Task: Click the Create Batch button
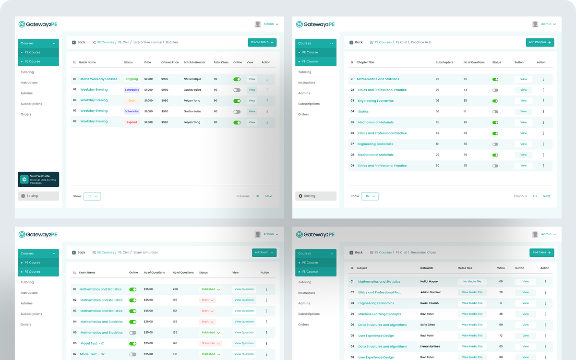pos(262,42)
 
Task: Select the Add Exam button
pos(264,252)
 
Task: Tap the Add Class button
pos(541,252)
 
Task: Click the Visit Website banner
pos(38,180)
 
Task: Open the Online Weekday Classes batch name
pos(98,79)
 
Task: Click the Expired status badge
pos(132,122)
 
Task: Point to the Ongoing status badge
pos(132,79)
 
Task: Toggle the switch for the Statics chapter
pos(495,111)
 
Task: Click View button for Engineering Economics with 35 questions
pos(523,101)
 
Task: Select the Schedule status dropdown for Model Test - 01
pos(210,343)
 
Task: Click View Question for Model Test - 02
pos(244,354)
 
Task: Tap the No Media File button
pos(472,282)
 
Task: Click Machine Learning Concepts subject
pos(379,314)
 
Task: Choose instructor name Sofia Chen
pos(427,325)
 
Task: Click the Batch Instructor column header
pos(194,62)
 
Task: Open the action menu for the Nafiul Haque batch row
pos(267,79)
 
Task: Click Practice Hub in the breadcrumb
pos(421,42)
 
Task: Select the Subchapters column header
pos(444,62)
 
